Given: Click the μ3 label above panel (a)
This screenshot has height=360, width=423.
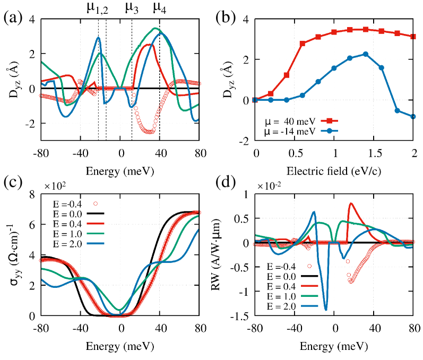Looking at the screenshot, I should pyautogui.click(x=133, y=7).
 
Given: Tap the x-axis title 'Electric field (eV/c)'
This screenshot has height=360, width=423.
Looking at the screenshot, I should pyautogui.click(x=334, y=171).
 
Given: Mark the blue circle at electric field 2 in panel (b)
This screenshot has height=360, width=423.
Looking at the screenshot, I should pyautogui.click(x=413, y=117).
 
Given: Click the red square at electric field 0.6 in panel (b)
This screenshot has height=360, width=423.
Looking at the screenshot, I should pyautogui.click(x=303, y=43).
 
